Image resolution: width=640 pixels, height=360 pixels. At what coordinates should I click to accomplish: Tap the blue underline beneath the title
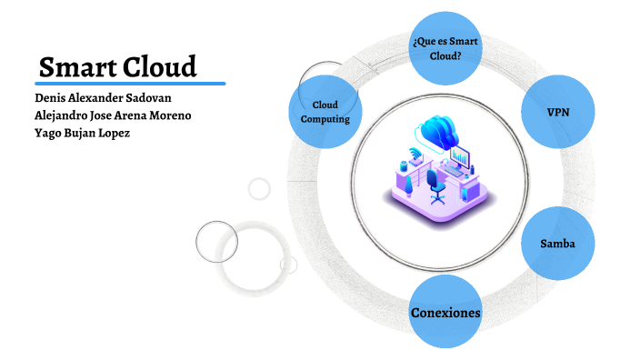(x=131, y=84)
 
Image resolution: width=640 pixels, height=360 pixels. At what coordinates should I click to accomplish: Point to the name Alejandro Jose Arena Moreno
(x=113, y=115)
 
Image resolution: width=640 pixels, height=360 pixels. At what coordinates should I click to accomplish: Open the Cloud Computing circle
(x=325, y=112)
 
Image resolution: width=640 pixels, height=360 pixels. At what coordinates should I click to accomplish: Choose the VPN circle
(x=557, y=112)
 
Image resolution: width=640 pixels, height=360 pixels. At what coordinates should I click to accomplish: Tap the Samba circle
(x=555, y=244)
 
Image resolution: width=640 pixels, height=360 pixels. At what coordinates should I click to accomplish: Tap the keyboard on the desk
(x=452, y=174)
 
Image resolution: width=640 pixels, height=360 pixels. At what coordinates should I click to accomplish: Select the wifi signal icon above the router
(x=415, y=152)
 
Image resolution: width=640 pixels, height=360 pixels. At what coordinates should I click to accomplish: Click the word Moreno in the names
(x=169, y=115)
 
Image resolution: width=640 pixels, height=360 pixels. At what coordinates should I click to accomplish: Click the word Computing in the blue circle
(x=325, y=120)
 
